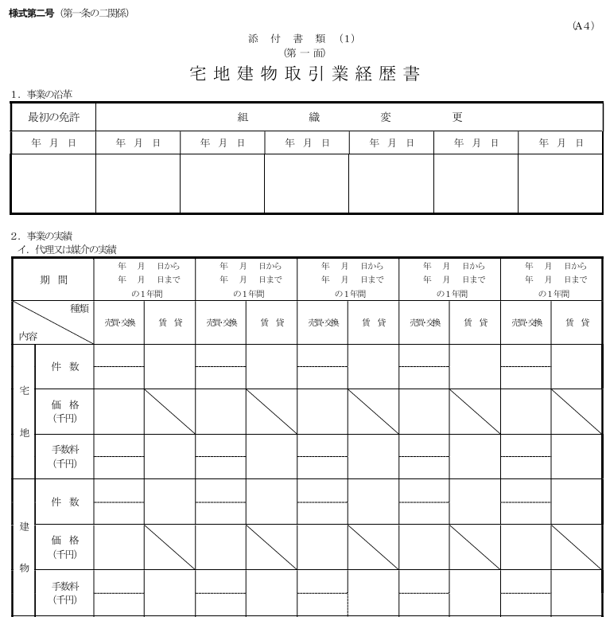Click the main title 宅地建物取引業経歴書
[x=305, y=74]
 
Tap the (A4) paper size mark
[x=583, y=25]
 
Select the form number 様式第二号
[x=31, y=14]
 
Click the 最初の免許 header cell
[x=53, y=117]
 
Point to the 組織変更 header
[x=350, y=117]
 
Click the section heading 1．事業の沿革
[x=42, y=95]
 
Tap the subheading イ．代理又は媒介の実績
[x=68, y=249]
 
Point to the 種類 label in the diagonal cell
[x=80, y=308]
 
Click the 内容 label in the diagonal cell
[x=29, y=336]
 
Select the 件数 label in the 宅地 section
[x=65, y=366]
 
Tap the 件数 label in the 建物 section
[x=65, y=502]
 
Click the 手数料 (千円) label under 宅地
[x=65, y=456]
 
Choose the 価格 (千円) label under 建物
[x=65, y=546]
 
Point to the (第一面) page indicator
[x=304, y=52]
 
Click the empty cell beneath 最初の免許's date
[x=53, y=184]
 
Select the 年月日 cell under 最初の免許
[x=53, y=143]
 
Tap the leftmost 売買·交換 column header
[x=119, y=322]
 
